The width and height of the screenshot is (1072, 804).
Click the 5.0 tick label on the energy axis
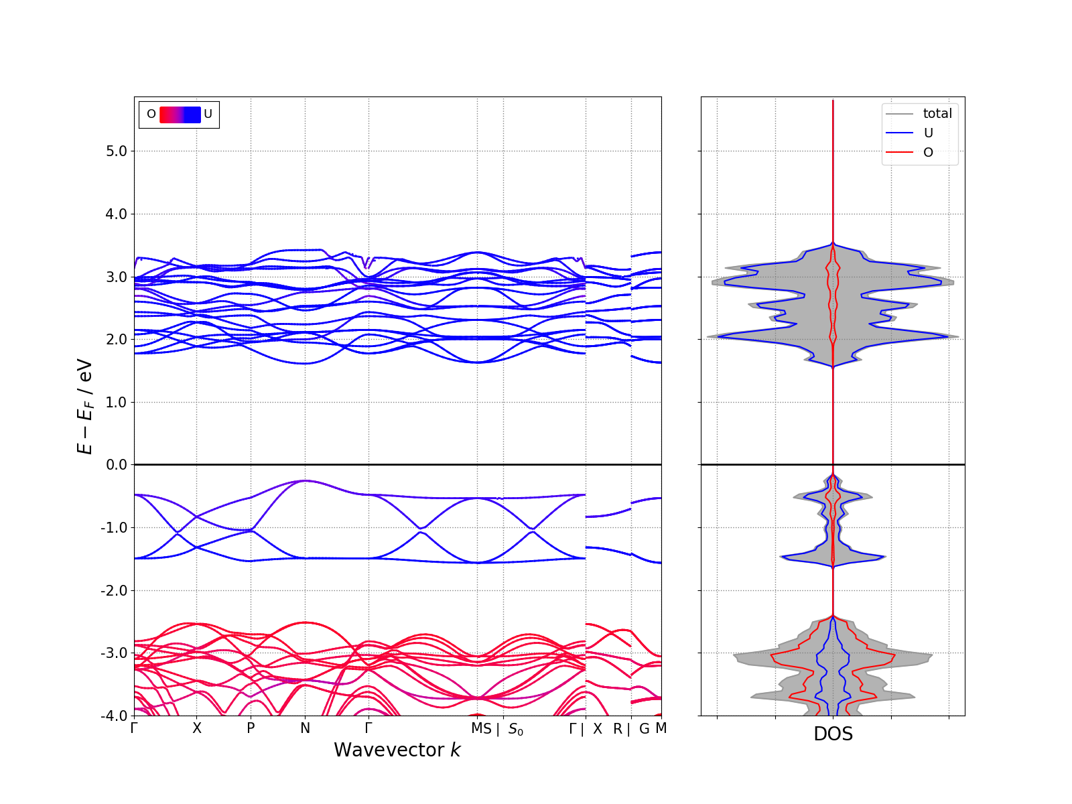116,151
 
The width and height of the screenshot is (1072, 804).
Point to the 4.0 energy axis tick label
116,214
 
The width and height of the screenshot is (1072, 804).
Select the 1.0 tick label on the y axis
116,403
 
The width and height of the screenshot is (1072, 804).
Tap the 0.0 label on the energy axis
116,465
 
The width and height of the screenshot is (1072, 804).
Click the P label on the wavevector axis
251,728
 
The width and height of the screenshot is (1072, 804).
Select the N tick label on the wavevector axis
306,728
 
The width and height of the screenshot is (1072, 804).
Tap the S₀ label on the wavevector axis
515,729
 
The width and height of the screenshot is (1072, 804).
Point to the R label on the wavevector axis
618,729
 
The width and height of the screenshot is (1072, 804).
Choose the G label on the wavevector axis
645,729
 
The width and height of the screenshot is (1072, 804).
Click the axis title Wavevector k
397,750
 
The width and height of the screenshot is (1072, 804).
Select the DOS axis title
833,734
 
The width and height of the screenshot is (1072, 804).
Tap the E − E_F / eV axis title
86,407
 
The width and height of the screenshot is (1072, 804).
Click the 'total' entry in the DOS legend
937,114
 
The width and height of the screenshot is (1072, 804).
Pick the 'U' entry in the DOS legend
928,133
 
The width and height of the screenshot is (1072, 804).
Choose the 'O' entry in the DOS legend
928,153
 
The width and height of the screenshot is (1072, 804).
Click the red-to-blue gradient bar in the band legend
180,115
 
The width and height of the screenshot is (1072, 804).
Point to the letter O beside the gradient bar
151,115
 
